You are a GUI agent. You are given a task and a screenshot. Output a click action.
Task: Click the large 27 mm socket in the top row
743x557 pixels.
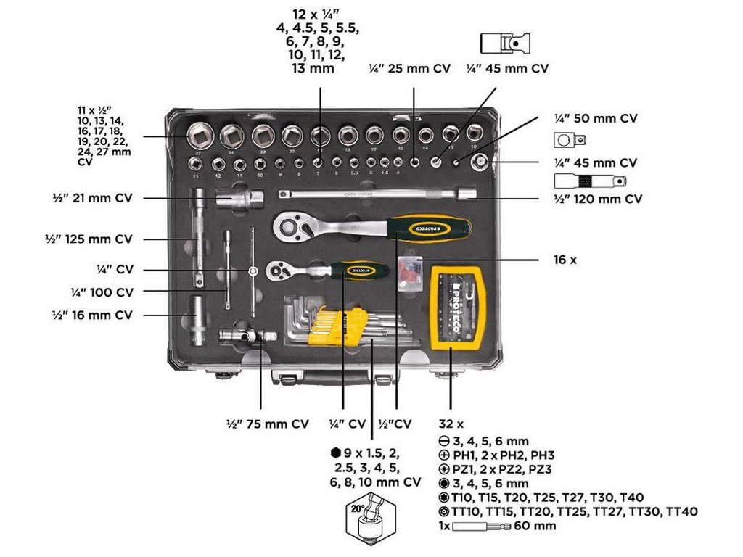click(x=199, y=136)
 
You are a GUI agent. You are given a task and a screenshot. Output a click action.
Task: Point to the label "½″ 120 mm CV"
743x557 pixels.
click(x=599, y=198)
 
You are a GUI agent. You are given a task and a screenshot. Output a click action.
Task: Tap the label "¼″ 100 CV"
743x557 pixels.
click(x=102, y=292)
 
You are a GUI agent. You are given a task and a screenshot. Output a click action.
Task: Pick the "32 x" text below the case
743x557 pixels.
click(x=451, y=424)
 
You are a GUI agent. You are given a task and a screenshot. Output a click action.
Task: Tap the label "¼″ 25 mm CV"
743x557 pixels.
click(x=409, y=69)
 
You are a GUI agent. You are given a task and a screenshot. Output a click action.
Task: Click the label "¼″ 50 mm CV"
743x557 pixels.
click(x=596, y=118)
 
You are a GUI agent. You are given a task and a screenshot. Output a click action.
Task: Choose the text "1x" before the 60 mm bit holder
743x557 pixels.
click(x=445, y=526)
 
